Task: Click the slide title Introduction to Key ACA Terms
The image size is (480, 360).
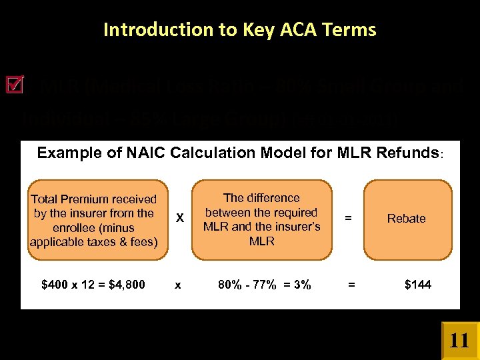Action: (240, 30)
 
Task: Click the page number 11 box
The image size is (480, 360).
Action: (459, 341)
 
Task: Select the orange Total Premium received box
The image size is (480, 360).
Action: (93, 219)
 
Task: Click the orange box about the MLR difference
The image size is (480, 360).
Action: (261, 219)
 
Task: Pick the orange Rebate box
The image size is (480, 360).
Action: (406, 219)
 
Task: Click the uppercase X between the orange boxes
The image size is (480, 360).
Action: (179, 219)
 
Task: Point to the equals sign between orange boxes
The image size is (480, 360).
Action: (347, 217)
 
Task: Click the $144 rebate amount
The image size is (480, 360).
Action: (418, 285)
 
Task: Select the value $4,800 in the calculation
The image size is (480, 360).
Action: (127, 285)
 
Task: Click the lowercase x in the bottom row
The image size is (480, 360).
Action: (177, 285)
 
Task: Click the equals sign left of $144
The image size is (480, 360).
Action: (351, 285)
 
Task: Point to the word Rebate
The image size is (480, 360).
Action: (406, 219)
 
